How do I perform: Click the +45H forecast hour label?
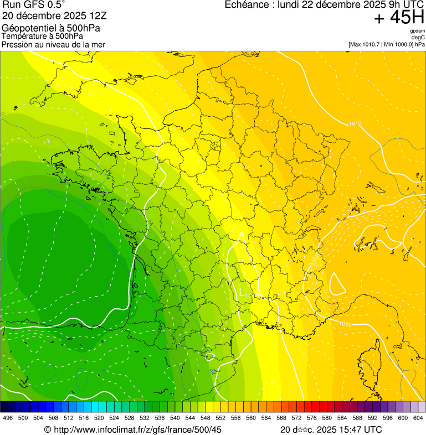399,18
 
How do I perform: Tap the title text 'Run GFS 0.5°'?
34,6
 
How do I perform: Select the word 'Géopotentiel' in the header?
27,28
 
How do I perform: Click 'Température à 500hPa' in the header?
42,36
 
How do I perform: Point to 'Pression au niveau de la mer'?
53,44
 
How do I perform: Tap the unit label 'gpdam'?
417,31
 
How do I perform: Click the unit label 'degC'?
418,38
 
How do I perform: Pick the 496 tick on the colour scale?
8,418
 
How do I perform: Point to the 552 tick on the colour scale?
220,418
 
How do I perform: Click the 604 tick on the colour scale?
418,418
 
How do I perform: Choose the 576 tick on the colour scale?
311,418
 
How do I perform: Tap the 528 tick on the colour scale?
129,418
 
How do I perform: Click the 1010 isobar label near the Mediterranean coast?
345,323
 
